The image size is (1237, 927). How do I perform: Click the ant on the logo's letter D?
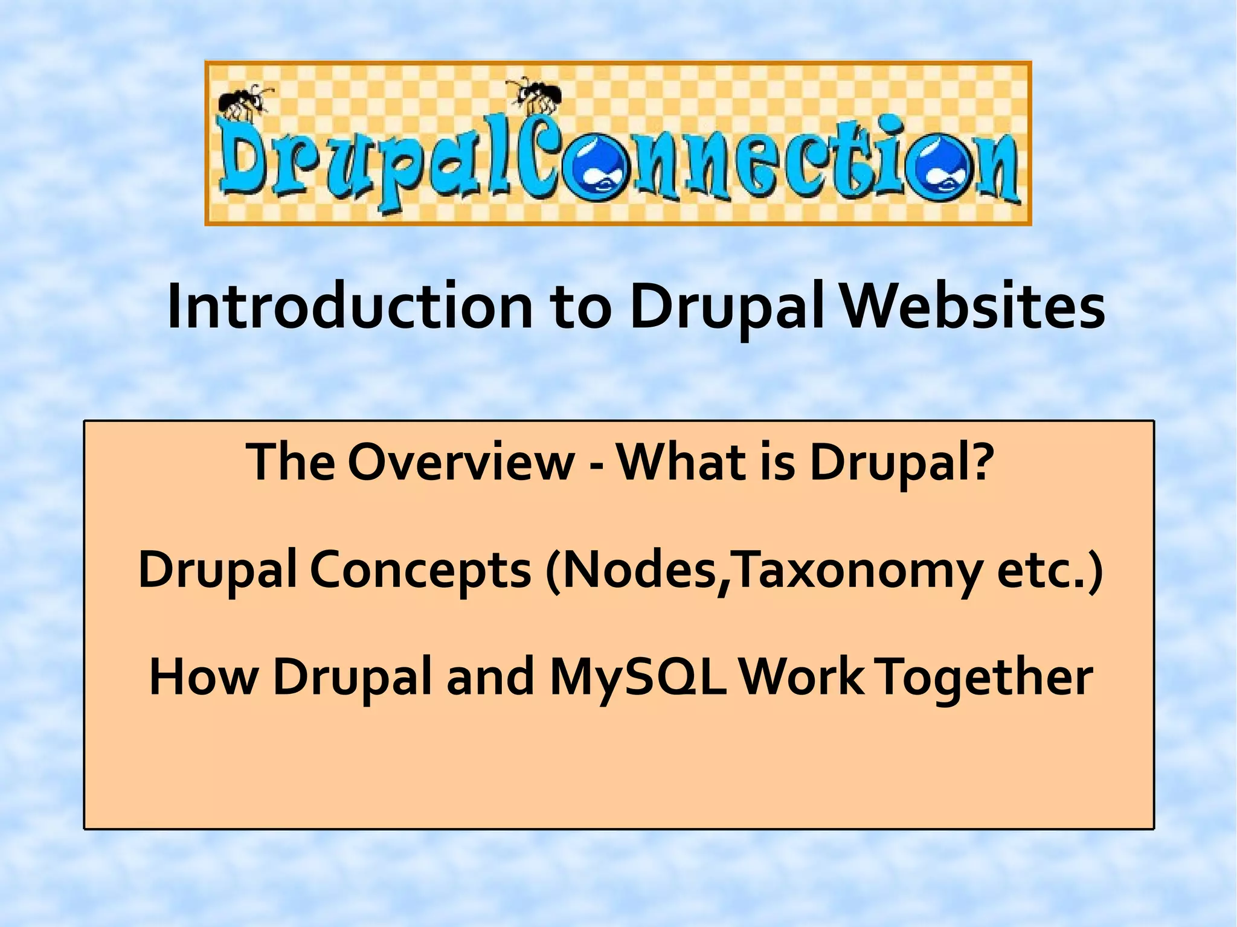245,101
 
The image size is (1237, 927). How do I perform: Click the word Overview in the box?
461,462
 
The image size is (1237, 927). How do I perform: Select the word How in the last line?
202,678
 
